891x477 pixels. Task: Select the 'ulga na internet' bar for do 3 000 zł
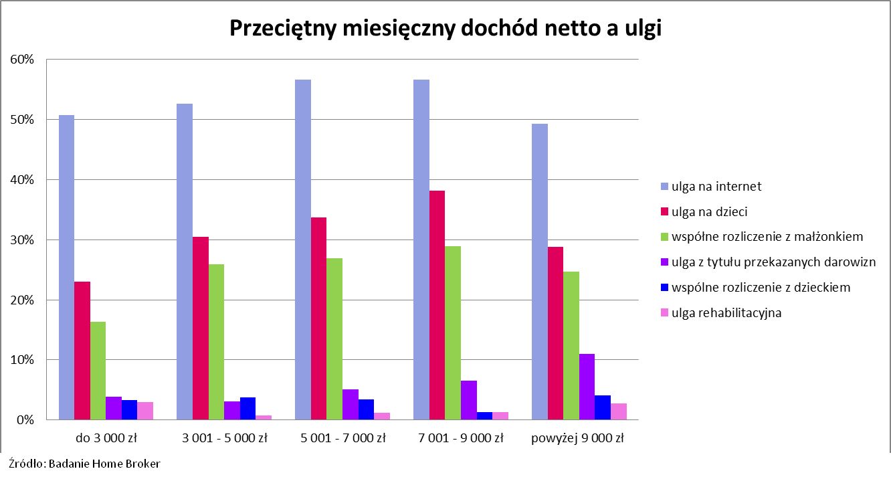[x=66, y=268]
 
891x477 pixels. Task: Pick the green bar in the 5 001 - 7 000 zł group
[x=334, y=339]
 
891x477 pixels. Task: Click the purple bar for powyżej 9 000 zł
[x=587, y=387]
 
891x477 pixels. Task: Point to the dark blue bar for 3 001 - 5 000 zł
[x=248, y=409]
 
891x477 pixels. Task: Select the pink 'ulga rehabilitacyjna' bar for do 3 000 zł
[x=145, y=411]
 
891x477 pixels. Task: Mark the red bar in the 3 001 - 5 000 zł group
[x=201, y=328]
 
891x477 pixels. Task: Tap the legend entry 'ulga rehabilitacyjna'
[x=726, y=312]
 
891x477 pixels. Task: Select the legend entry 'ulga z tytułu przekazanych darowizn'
[x=773, y=262]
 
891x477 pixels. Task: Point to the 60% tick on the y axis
[x=22, y=60]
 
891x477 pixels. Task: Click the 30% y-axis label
[x=22, y=240]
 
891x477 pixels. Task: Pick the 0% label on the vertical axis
[x=25, y=420]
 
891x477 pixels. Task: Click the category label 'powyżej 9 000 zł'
[x=577, y=439]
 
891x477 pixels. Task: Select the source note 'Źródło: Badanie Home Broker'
[x=84, y=464]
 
